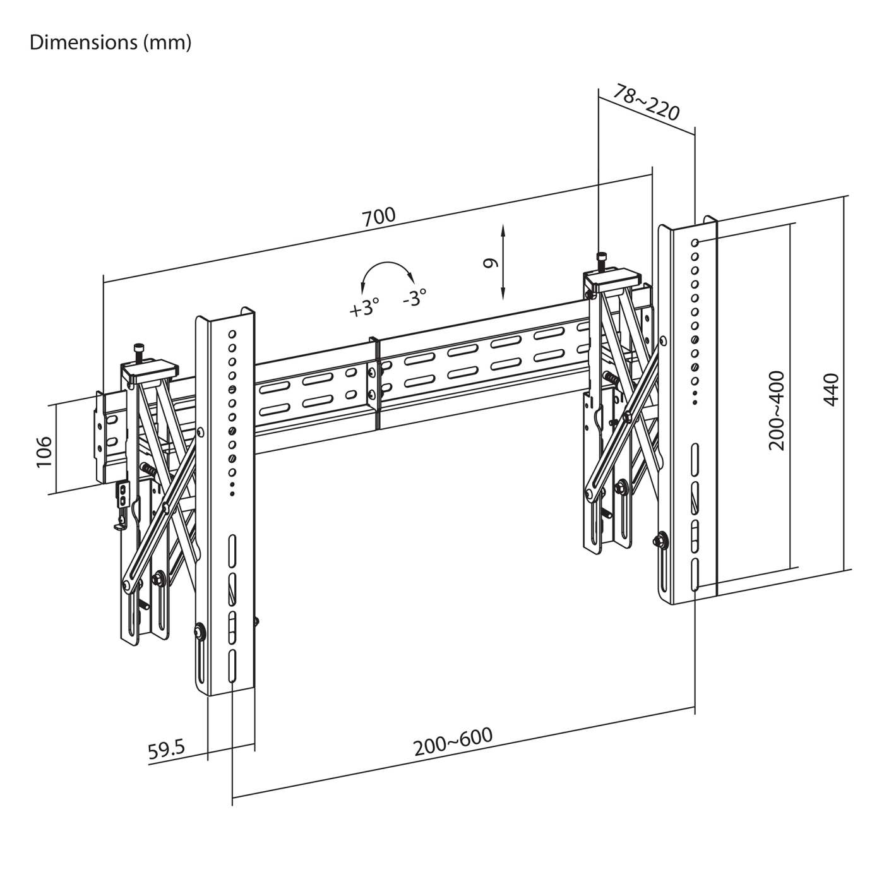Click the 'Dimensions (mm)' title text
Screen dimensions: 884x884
110,42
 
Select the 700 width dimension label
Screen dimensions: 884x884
379,216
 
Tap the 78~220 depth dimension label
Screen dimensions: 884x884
647,103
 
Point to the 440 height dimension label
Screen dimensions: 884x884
832,390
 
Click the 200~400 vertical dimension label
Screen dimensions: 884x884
777,410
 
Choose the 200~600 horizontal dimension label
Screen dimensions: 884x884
453,742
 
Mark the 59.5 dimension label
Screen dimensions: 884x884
166,750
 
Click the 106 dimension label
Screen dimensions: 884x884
44,451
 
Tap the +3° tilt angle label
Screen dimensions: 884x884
364,308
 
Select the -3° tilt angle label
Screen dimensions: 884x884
415,297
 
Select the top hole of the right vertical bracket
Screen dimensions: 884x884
695,242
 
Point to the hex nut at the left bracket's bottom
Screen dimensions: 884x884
200,631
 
